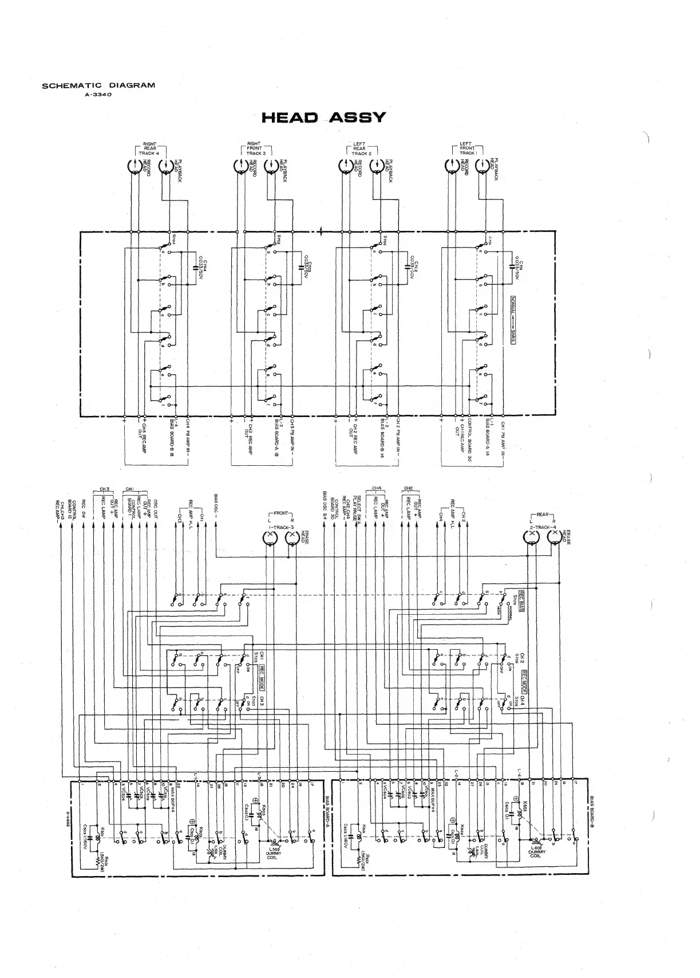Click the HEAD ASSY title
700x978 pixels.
point(324,118)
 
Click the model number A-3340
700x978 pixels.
point(98,95)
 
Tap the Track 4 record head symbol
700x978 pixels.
point(135,167)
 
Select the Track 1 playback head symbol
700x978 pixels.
point(483,167)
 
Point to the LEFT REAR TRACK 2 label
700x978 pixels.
point(359,149)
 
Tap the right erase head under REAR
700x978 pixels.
point(554,537)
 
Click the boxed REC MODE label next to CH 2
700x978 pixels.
point(523,681)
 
